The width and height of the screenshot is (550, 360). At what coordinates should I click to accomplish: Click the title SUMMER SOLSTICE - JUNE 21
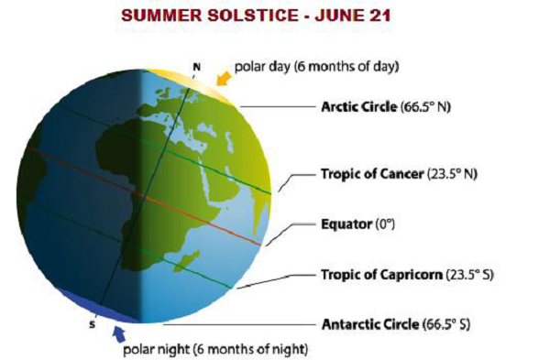tap(274, 16)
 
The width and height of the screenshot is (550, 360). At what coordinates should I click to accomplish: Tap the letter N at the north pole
tap(195, 66)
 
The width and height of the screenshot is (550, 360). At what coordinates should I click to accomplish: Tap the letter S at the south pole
tap(92, 324)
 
